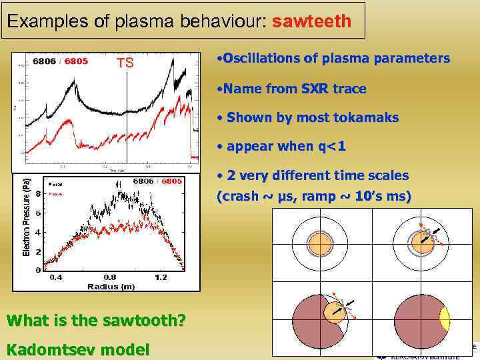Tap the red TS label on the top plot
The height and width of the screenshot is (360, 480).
(x=125, y=63)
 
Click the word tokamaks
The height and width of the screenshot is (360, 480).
(x=365, y=118)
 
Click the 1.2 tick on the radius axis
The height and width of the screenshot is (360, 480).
(x=161, y=277)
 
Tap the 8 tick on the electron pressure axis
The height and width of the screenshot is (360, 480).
(x=38, y=194)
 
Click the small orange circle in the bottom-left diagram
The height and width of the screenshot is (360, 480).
(x=337, y=311)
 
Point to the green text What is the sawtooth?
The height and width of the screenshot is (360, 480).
(x=96, y=321)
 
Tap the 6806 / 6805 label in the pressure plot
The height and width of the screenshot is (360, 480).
(x=157, y=181)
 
